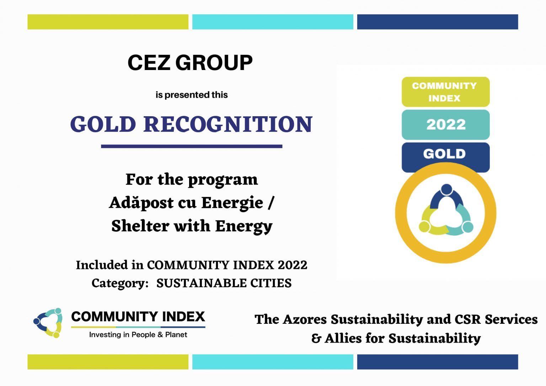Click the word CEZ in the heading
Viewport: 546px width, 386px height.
tap(149, 63)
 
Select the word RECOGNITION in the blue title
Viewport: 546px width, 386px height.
tap(228, 124)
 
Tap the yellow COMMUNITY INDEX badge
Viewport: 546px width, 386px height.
tap(445, 92)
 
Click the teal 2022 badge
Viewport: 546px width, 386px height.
tap(445, 124)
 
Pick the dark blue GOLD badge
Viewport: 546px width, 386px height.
tap(445, 154)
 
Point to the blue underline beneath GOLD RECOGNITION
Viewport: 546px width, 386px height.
tap(192, 146)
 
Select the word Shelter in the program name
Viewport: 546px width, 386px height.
tap(140, 226)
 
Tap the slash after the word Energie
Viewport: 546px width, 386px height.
tap(271, 203)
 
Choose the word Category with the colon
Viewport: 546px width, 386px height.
tap(120, 284)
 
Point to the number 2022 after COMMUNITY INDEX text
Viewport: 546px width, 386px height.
tap(293, 265)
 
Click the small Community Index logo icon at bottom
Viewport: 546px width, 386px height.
tap(48, 323)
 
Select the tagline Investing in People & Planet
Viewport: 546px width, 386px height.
tap(138, 334)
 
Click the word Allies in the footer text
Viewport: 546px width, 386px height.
tap(343, 338)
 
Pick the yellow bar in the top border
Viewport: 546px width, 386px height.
tap(108, 22)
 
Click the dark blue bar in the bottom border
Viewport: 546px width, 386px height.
tap(438, 362)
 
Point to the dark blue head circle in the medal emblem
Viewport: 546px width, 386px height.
tap(446, 189)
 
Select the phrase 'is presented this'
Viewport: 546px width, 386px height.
tap(192, 95)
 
